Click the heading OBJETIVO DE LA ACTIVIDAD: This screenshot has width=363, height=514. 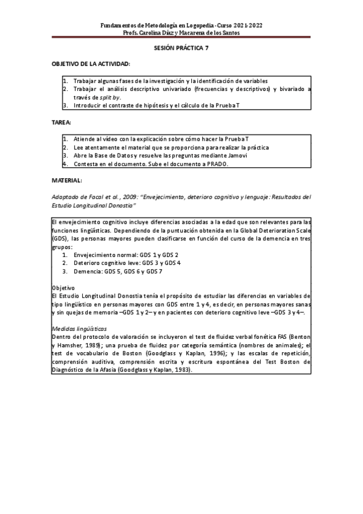pos(91,64)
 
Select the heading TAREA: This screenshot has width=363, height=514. pos(62,122)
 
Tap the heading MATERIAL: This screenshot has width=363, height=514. pos(67,181)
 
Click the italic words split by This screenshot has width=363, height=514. pos(110,96)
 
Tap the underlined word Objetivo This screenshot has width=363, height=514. pos(63,288)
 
